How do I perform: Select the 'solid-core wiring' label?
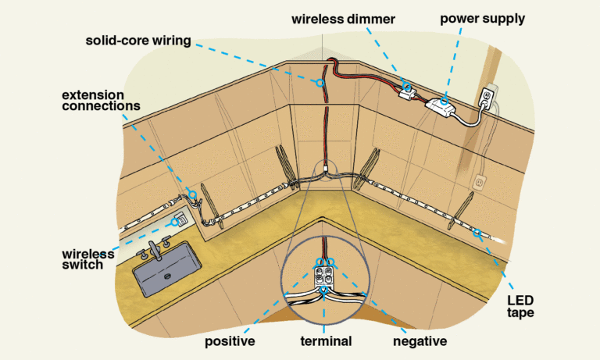coord(138,40)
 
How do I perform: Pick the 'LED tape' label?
coord(520,306)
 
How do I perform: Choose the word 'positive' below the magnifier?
coord(229,341)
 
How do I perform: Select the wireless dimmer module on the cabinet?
coord(405,91)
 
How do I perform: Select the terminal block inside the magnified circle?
coord(323,274)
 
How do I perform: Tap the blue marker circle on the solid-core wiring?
coord(320,82)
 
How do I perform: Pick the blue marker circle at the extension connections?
coord(191,194)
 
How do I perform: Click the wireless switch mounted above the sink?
coord(179,219)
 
